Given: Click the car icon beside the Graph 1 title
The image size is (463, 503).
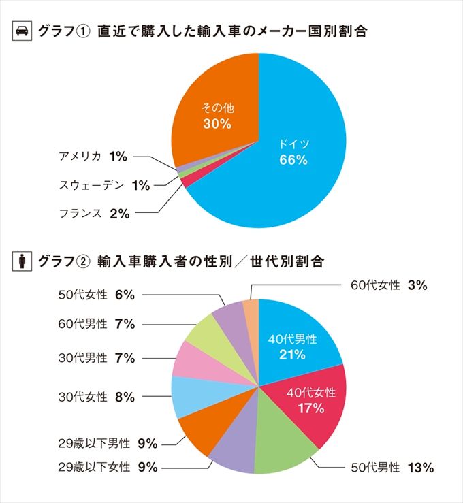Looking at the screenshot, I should pyautogui.click(x=22, y=31).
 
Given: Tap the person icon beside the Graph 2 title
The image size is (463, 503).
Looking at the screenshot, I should pyautogui.click(x=22, y=261).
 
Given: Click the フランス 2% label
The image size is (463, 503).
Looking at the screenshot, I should pyautogui.click(x=94, y=214).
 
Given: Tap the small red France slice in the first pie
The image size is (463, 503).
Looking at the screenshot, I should pyautogui.click(x=185, y=182).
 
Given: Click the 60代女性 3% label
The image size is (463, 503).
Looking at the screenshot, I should pyautogui.click(x=389, y=286).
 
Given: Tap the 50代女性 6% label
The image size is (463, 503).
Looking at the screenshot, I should pyautogui.click(x=97, y=295).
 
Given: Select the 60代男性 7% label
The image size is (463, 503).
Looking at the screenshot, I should pyautogui.click(x=97, y=324).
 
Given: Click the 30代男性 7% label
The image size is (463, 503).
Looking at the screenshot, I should pyautogui.click(x=97, y=358).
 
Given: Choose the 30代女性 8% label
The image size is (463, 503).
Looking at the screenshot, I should pyautogui.click(x=97, y=397).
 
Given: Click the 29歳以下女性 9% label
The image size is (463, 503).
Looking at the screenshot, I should pyautogui.click(x=108, y=467).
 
